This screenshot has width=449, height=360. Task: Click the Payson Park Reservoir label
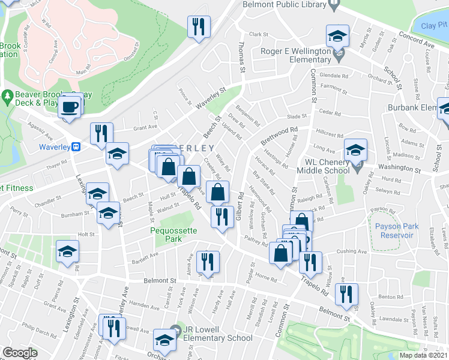[394, 230]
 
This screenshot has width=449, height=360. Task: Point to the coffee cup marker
[69, 107]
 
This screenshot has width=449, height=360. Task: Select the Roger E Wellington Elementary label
[297, 55]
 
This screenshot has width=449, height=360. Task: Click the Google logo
[19, 352]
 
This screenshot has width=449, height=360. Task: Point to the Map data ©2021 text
[421, 355]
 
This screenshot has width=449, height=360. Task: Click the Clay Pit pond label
[433, 26]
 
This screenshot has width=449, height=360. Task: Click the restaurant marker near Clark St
[197, 27]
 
